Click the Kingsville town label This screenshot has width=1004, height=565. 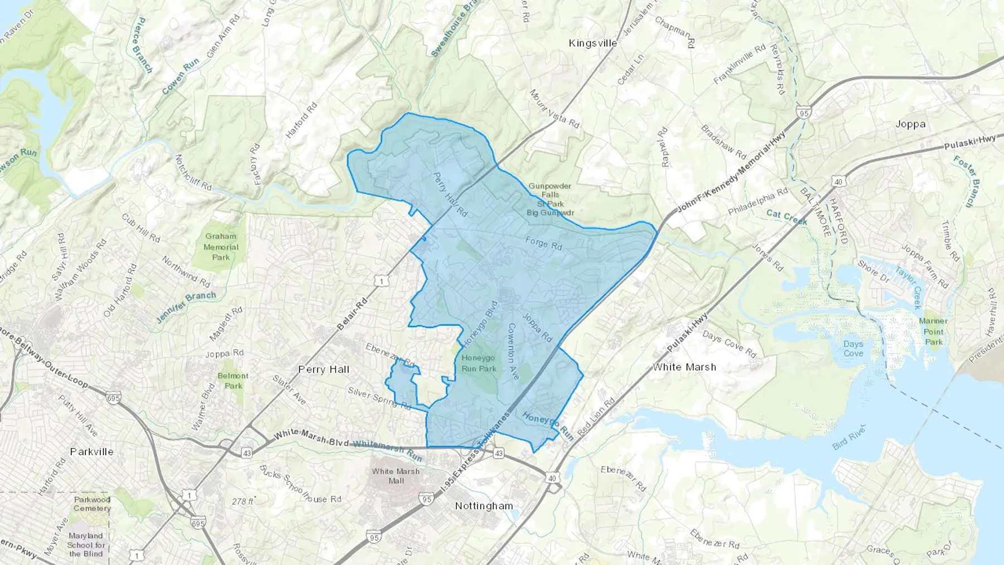592,43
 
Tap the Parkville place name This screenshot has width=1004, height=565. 91,452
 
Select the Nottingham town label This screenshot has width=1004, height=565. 484,506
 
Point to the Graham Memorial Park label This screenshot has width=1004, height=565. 221,247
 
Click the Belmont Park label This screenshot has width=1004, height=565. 233,380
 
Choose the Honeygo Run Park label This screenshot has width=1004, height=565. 479,363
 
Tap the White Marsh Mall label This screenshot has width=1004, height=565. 396,476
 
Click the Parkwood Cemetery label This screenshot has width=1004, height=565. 92,504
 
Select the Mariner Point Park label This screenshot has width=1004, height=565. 933,331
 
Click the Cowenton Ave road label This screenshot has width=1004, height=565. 513,351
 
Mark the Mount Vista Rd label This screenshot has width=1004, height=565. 554,108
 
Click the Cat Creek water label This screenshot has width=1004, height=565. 786,217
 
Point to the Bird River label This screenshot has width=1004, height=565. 848,438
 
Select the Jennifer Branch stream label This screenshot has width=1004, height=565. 186,306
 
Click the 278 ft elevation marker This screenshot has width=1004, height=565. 243,501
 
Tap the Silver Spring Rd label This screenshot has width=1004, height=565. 379,398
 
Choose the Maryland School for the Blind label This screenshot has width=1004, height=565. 86,544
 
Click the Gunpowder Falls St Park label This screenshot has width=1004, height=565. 550,199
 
